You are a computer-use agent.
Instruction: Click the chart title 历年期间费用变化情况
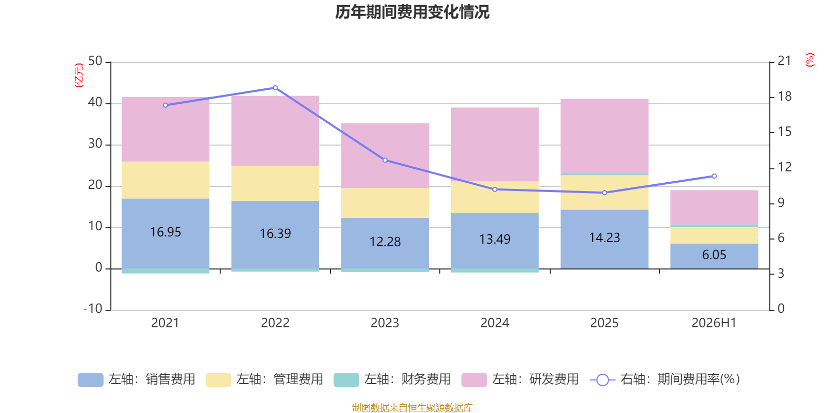point(412,12)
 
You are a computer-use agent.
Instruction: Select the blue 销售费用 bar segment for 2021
point(166,233)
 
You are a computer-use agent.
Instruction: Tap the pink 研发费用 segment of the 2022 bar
point(275,131)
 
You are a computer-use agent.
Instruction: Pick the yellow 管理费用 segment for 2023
point(385,203)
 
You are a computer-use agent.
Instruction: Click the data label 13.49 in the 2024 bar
point(494,240)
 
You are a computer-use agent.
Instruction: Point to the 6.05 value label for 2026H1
point(714,255)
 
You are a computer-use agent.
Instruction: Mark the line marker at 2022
point(275,88)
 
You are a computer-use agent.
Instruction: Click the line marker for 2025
point(604,193)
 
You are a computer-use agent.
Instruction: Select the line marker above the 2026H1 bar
point(714,176)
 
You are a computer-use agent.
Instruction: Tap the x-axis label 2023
point(385,323)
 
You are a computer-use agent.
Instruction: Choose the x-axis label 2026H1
point(714,323)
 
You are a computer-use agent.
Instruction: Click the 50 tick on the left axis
point(95,61)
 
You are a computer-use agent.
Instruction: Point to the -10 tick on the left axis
point(93,309)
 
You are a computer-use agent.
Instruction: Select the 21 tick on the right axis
point(784,61)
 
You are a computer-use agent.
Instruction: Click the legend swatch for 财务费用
point(346,380)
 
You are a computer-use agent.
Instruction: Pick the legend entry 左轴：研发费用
point(520,379)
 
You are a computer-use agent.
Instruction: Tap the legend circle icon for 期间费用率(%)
point(603,380)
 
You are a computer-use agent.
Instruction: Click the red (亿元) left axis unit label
point(79,75)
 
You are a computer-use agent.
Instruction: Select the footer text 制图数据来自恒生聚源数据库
point(412,407)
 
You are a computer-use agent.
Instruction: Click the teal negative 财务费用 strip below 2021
point(166,271)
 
